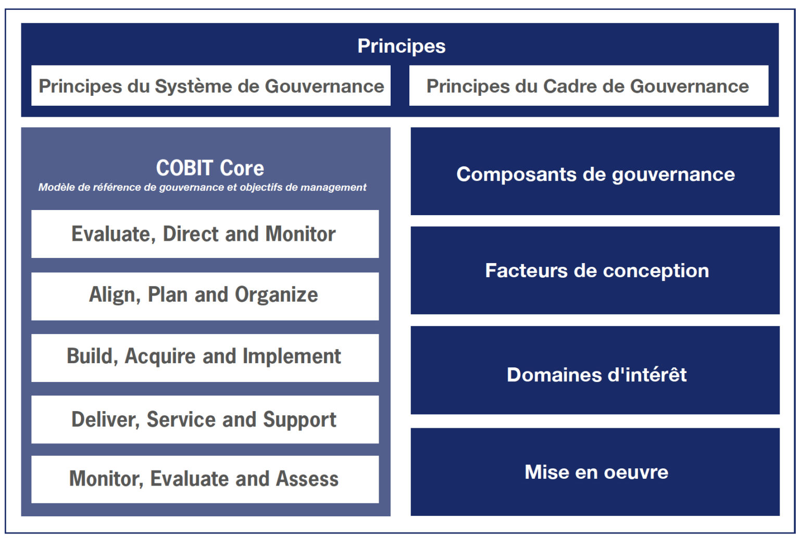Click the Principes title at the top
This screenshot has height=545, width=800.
[x=402, y=46]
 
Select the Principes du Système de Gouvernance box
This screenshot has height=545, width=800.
[x=211, y=85]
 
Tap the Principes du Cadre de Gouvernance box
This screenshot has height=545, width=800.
[x=589, y=85]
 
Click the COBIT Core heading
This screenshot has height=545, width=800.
[x=210, y=168]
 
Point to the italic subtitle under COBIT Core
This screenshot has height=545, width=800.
[x=202, y=187]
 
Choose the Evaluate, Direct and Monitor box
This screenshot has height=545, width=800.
[x=205, y=234]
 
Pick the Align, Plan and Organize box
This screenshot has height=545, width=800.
[x=205, y=296]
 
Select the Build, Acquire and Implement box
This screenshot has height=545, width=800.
[x=205, y=358]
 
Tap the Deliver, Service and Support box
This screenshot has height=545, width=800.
[x=205, y=419]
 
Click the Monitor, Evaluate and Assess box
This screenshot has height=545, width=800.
[x=205, y=479]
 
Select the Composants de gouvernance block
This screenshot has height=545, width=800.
[x=595, y=171]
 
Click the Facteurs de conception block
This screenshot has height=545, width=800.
[x=595, y=270]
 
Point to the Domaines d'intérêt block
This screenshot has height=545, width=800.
[x=595, y=370]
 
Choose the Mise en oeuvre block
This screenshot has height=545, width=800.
[x=595, y=472]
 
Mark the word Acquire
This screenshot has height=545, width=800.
[x=160, y=357]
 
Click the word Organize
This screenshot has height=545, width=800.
[x=276, y=295]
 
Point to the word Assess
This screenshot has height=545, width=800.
[x=307, y=479]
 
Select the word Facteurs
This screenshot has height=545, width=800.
[x=526, y=270]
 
